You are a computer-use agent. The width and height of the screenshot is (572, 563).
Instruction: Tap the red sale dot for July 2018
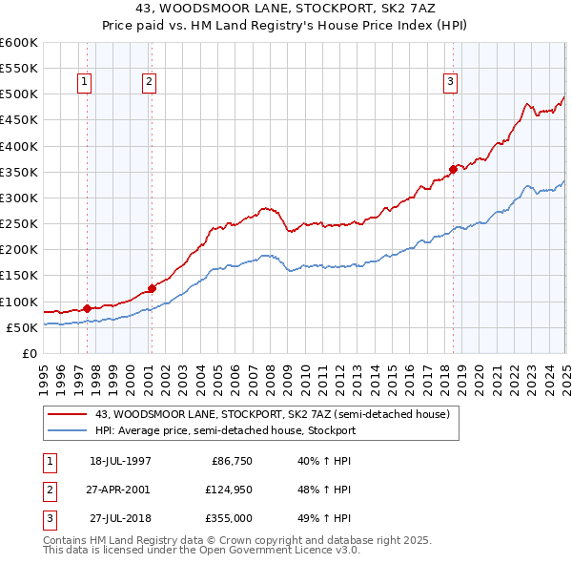[x=453, y=169]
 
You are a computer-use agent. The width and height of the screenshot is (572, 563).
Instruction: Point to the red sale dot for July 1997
[x=87, y=308]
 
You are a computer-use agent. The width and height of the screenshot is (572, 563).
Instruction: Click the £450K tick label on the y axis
[x=18, y=120]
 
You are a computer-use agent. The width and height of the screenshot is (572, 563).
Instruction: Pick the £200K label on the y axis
[x=18, y=250]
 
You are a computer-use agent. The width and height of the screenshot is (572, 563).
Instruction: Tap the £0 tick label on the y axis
[x=29, y=353]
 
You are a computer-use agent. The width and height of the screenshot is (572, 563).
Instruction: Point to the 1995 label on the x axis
[x=43, y=371]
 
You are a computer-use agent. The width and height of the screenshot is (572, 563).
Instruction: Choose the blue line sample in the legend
[x=68, y=430]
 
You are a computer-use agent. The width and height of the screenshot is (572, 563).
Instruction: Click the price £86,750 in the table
[x=229, y=461]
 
